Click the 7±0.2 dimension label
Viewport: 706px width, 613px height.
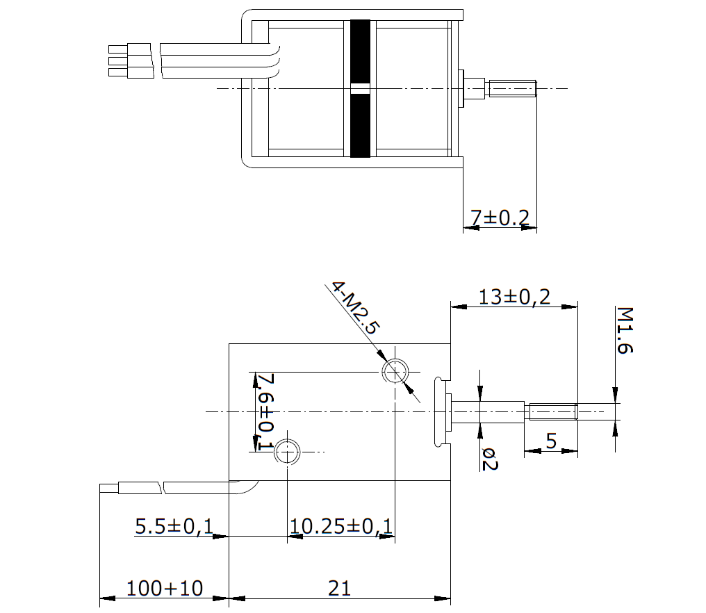click(500, 218)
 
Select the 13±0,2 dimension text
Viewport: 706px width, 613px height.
click(514, 297)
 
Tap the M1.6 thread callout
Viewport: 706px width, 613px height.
click(625, 331)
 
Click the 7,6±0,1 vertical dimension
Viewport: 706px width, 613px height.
click(265, 411)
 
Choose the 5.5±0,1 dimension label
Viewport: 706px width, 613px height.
click(174, 526)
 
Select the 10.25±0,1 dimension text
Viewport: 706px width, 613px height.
click(341, 526)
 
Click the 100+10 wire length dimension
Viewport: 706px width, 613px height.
click(165, 588)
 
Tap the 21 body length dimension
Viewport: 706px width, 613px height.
click(339, 588)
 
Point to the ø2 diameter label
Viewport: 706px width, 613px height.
click(489, 459)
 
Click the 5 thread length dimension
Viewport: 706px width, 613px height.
click(552, 441)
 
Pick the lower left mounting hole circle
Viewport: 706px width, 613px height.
click(287, 451)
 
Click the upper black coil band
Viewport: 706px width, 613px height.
click(360, 51)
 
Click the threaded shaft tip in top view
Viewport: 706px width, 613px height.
click(513, 88)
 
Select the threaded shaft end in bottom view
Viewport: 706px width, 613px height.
click(553, 411)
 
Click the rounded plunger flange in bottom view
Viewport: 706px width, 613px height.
click(438, 411)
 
